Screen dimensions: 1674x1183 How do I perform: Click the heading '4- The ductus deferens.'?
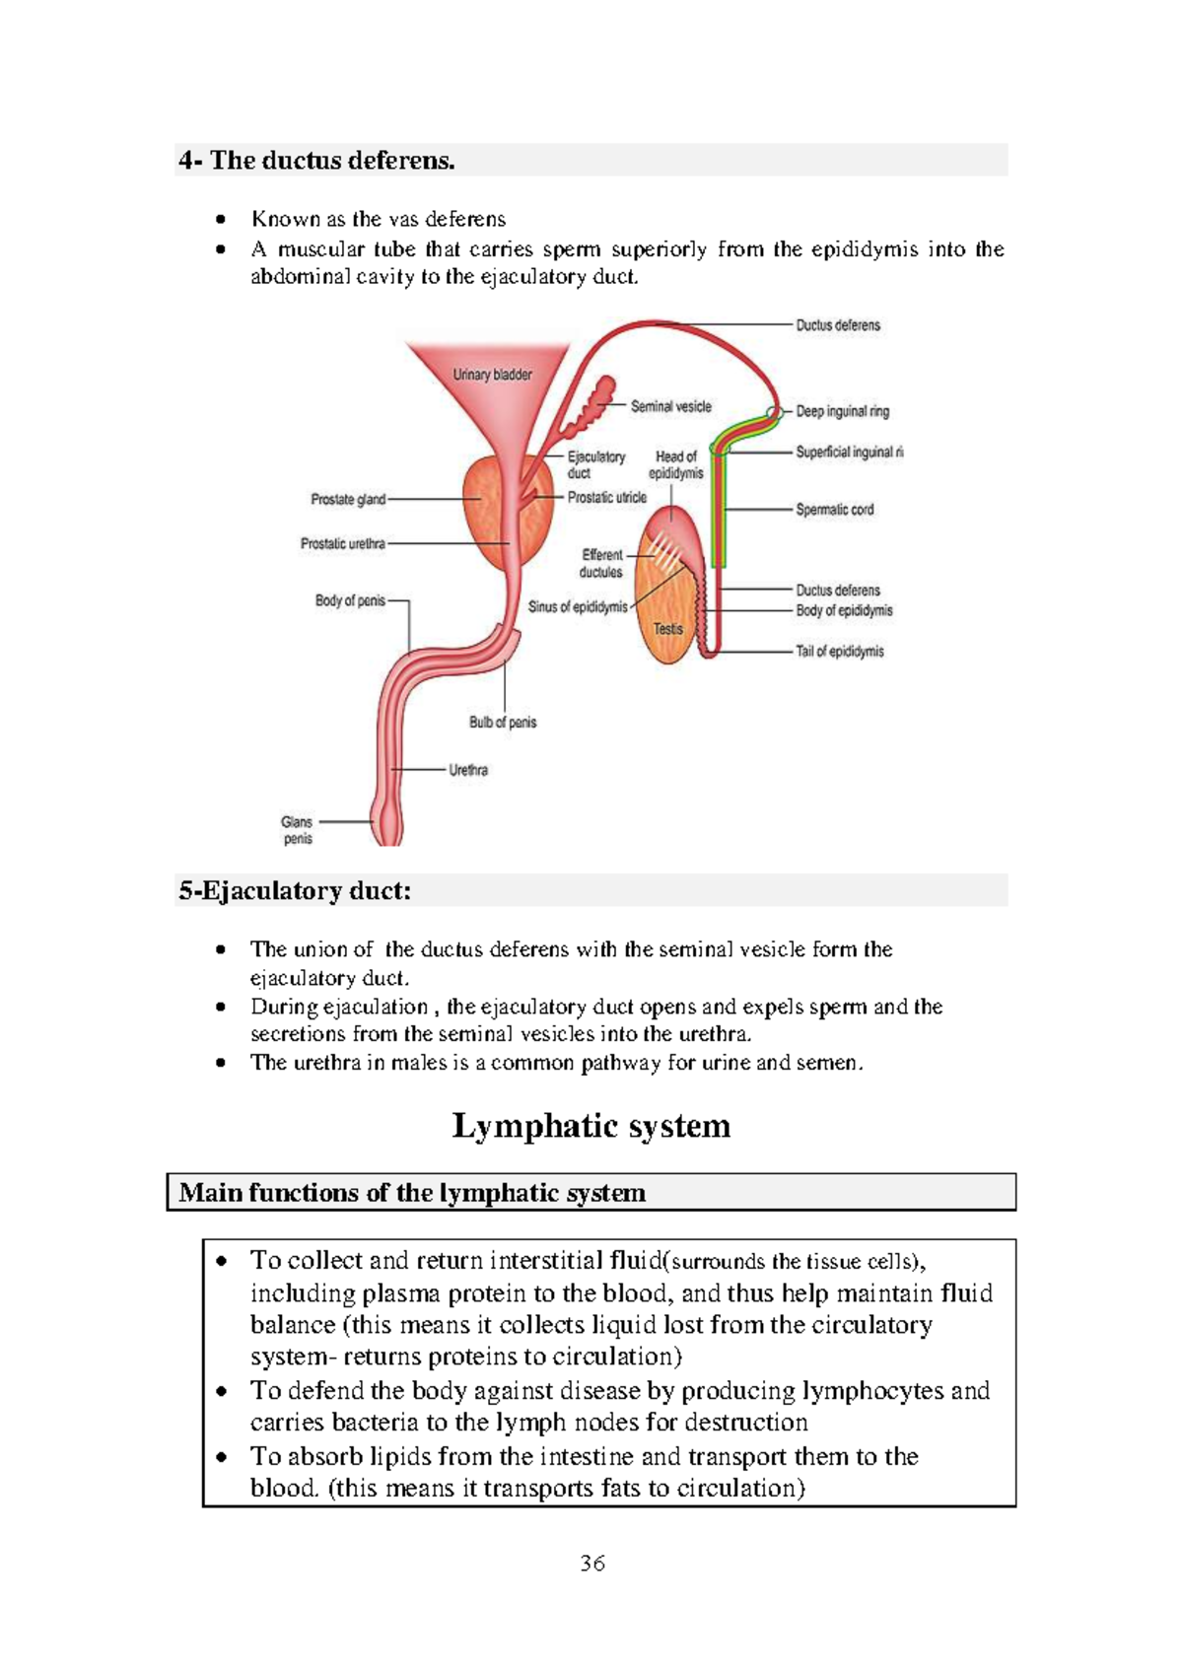316,161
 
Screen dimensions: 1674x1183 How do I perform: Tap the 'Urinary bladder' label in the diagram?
492,375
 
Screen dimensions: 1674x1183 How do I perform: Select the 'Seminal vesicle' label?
670,406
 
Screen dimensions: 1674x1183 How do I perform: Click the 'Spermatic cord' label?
834,510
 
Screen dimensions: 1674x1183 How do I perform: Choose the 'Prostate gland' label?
348,500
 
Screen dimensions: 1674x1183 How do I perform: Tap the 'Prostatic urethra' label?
342,543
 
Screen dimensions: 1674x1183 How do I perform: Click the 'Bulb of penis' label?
503,723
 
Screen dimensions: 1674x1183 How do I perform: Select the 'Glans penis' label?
297,830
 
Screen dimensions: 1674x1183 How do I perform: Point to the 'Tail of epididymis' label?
839,652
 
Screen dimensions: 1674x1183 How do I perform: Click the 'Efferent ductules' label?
601,563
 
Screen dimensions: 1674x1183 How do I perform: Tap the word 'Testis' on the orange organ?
667,628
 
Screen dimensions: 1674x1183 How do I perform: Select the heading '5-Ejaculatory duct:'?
295,891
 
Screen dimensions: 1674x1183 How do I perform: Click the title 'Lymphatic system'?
591,1126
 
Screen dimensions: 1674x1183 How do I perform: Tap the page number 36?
592,1564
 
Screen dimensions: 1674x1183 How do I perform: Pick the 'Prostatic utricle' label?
606,498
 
